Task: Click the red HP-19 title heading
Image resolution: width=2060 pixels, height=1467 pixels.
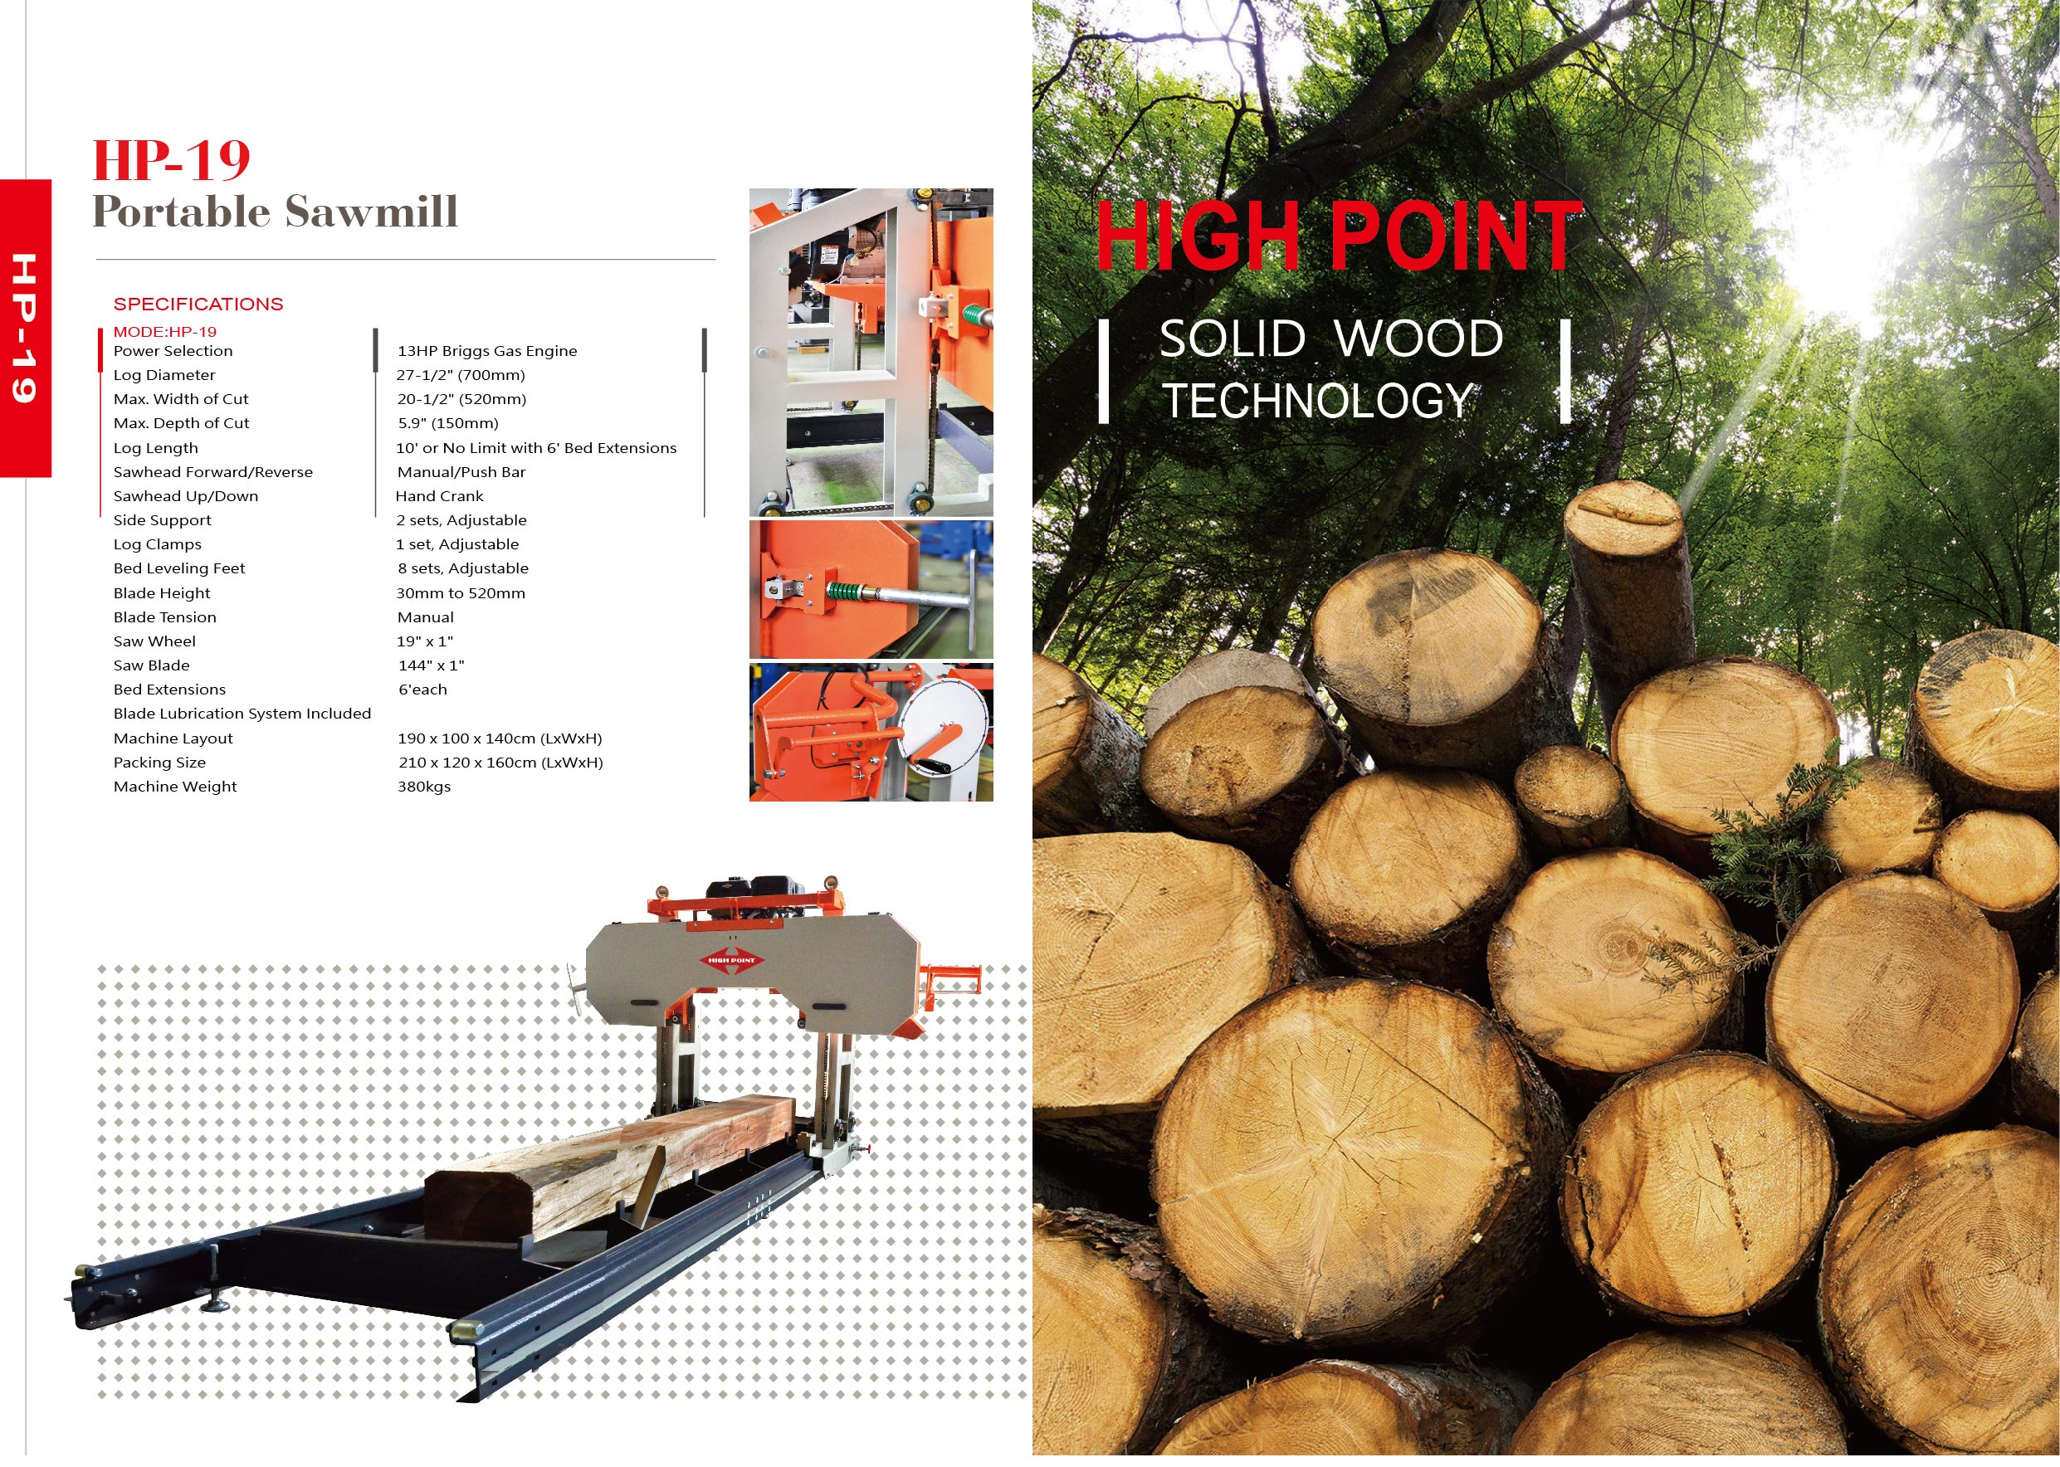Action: (172, 160)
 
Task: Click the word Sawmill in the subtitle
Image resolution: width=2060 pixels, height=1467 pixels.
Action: (371, 212)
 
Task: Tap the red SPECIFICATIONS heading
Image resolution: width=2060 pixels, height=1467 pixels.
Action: (198, 304)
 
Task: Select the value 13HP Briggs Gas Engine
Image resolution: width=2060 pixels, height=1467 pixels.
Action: (487, 350)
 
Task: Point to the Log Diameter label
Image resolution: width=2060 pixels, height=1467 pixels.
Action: (164, 375)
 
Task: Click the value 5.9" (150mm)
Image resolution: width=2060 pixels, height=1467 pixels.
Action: (448, 422)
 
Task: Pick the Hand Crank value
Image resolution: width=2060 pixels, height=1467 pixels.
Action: (439, 496)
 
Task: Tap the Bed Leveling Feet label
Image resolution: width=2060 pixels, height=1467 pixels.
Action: (179, 568)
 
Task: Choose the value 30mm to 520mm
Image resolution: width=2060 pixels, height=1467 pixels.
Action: (461, 593)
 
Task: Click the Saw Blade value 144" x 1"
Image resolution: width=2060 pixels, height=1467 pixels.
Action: (431, 665)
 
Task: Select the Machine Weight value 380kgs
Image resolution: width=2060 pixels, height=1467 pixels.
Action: (424, 787)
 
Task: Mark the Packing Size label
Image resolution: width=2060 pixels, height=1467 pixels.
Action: (159, 763)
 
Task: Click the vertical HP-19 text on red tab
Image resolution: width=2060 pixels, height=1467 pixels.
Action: (24, 328)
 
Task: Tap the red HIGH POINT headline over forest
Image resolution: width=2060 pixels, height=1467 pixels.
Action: (1339, 236)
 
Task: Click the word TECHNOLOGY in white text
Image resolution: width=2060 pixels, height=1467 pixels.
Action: (1317, 400)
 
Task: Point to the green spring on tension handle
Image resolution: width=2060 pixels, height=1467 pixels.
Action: (846, 592)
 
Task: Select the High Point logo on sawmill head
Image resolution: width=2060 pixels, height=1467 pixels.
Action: (732, 960)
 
